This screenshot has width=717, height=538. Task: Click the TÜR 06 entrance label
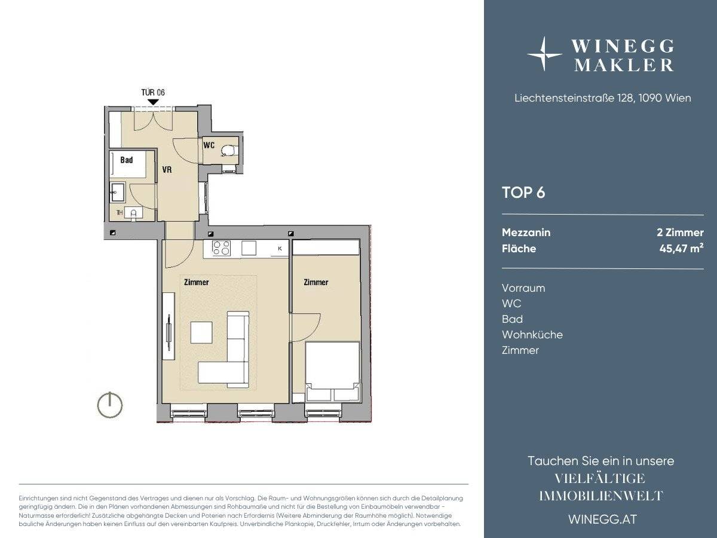[x=153, y=93]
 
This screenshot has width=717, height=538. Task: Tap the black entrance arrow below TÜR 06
[x=153, y=102]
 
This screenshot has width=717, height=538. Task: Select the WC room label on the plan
[x=209, y=145]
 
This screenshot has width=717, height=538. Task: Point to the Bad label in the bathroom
[x=127, y=160]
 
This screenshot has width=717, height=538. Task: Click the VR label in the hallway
[x=167, y=170]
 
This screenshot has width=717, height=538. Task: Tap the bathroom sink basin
[x=117, y=192]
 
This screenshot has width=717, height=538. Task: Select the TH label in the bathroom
[x=119, y=213]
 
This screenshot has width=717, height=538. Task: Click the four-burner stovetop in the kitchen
[x=221, y=248]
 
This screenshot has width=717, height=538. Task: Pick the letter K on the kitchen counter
[x=280, y=249]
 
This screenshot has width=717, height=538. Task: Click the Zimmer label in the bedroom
[x=316, y=282]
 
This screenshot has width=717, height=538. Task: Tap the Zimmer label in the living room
[x=197, y=282]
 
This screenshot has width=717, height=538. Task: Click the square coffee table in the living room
[x=201, y=332]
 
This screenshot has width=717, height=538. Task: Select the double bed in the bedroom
[x=333, y=372]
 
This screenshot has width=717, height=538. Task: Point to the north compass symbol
[x=110, y=405]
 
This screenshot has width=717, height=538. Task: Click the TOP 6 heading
[x=523, y=192]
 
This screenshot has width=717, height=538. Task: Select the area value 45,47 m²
[x=681, y=248]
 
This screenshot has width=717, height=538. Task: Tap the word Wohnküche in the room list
[x=532, y=335]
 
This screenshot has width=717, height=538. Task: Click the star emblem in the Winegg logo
[x=544, y=54]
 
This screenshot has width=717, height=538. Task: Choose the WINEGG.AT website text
[x=603, y=519]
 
